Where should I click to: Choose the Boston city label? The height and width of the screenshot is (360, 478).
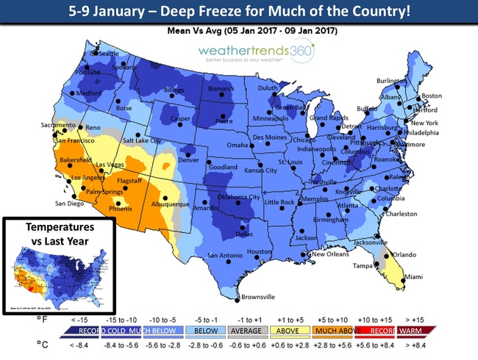(431, 96)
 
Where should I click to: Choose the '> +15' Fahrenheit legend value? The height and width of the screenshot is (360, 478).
(437, 320)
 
